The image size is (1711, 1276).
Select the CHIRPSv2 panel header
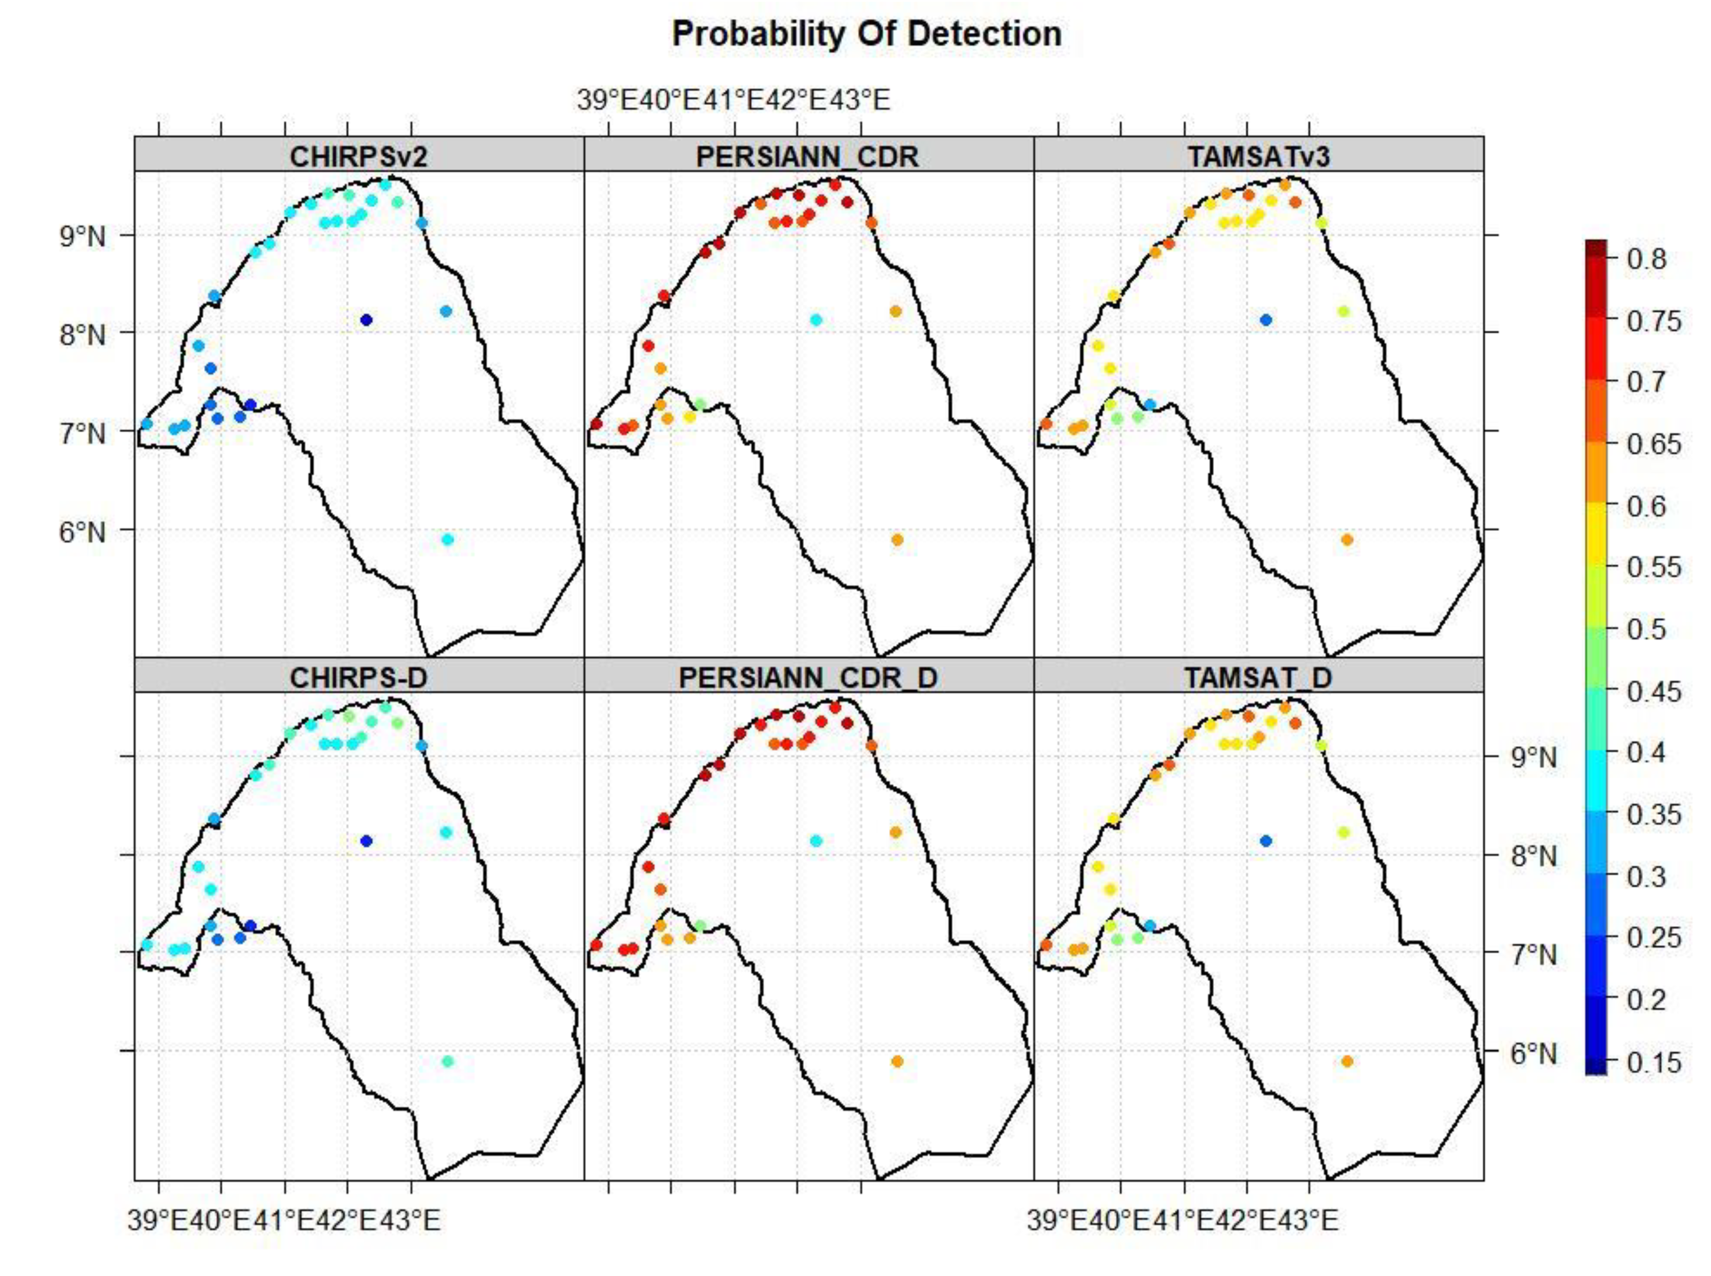point(358,156)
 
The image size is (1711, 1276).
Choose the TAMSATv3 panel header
point(1258,156)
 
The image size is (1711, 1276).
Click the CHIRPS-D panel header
point(358,678)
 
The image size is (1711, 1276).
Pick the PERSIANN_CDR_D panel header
point(808,678)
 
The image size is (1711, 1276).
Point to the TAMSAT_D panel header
point(1258,678)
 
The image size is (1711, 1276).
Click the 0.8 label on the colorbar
point(1646,259)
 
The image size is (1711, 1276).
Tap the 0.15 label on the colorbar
point(1653,1062)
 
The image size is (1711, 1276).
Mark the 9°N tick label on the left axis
point(82,236)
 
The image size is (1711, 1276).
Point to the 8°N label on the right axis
point(1534,856)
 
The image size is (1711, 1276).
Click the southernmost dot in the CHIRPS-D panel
point(447,1061)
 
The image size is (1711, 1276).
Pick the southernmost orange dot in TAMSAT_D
point(1346,1061)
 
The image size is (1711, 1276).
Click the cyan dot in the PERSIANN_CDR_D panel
point(816,840)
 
